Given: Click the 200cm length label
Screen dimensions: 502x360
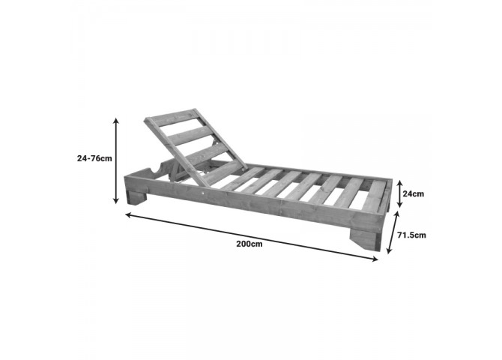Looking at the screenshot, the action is click(250, 244).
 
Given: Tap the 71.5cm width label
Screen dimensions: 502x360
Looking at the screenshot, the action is click(411, 235).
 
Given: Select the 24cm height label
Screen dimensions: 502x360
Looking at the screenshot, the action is click(413, 193).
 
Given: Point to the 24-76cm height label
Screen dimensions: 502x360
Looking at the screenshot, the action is click(94, 158).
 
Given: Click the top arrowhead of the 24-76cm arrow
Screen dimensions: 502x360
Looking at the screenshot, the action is click(117, 120).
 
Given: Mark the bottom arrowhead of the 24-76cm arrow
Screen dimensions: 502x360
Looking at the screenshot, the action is click(117, 201).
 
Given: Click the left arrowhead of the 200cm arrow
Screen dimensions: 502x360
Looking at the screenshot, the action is click(127, 214).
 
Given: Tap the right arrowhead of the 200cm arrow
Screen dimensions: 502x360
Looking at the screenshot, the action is click(375, 259).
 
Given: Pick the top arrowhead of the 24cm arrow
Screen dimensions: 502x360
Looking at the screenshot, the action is click(399, 183).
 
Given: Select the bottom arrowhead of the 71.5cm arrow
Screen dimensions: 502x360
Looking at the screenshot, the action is click(389, 250).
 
